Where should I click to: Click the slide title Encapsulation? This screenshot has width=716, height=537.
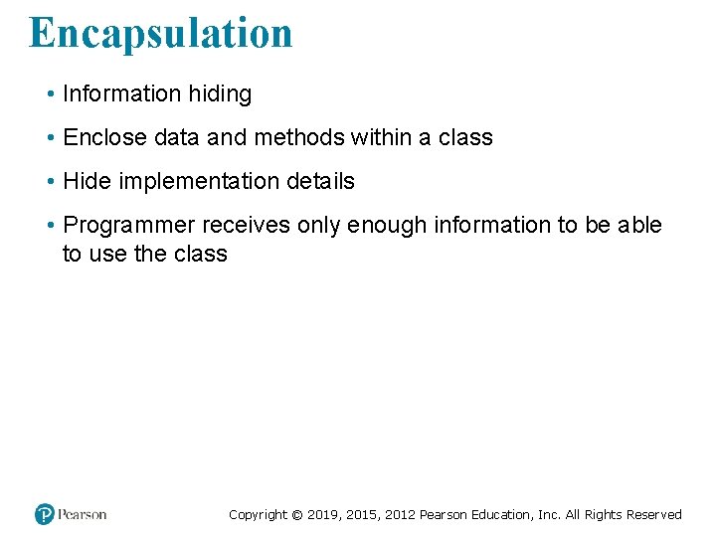161,32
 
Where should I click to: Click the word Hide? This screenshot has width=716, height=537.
84,182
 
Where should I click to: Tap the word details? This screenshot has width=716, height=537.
321,182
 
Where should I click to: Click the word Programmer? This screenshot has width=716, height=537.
128,226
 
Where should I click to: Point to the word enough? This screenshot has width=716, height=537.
386,226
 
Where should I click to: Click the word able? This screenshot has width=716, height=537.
639,226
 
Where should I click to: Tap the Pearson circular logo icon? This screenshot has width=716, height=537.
45,514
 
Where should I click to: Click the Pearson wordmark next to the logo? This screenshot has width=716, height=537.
83,514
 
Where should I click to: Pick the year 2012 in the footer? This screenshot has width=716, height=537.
400,515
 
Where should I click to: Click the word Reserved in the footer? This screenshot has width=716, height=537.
654,515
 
